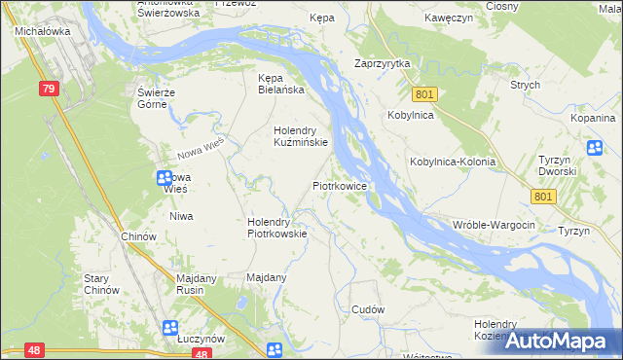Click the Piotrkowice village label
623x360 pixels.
click(339, 184)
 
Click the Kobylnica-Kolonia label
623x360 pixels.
click(453, 162)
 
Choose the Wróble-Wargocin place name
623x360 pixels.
click(494, 225)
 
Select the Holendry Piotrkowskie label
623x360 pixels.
click(277, 227)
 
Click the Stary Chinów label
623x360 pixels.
click(101, 283)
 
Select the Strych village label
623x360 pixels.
click(525, 85)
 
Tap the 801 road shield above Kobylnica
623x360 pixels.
click(423, 94)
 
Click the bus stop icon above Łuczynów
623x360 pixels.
click(170, 328)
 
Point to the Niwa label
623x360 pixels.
click(180, 216)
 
